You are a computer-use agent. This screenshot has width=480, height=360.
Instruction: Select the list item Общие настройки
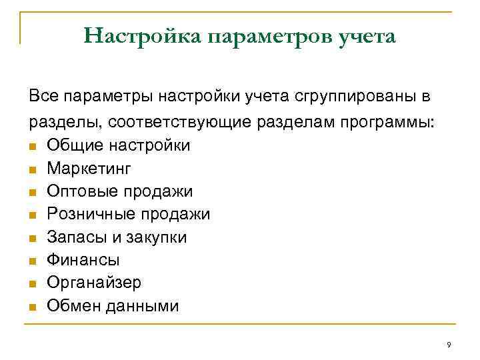click(118, 145)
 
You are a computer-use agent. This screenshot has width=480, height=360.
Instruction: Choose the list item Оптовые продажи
click(119, 191)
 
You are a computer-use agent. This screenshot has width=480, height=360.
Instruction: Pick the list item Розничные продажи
click(128, 214)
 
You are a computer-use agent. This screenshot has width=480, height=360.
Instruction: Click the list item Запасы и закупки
click(117, 237)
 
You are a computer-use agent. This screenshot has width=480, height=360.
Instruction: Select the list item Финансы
click(83, 260)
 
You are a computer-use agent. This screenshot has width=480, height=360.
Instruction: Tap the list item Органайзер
click(94, 283)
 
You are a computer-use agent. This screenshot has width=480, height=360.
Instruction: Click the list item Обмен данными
click(113, 306)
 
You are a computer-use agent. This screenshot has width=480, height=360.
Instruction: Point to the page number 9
click(449, 345)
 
